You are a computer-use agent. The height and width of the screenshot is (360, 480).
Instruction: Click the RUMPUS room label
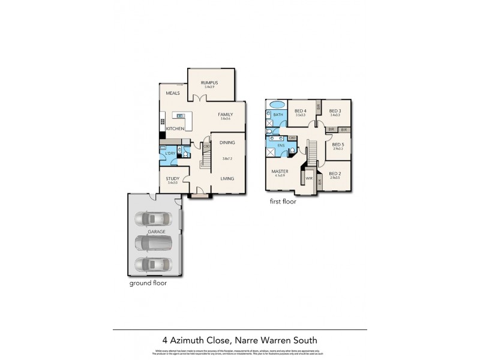coord(209,82)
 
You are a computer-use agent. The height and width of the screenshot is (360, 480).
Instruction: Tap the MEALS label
coord(173,93)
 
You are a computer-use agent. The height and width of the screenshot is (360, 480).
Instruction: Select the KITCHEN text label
coord(175,129)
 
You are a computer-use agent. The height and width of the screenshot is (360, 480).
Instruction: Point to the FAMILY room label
coord(225,114)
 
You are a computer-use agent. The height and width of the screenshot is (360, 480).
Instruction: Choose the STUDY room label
coord(173,178)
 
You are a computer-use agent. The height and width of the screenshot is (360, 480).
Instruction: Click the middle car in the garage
coord(153,242)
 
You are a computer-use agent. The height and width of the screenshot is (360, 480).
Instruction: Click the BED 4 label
coord(301,110)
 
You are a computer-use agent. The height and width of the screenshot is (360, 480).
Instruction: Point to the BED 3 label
coord(335,110)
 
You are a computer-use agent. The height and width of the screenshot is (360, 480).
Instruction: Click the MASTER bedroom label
coord(280,171)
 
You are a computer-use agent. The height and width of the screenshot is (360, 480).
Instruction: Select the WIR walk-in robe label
coord(309,178)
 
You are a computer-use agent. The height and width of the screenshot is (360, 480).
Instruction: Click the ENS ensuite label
coord(281,145)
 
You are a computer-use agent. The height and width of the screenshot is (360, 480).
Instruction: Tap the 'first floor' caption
coord(283,202)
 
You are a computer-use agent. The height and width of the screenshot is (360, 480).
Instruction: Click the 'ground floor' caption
coord(147,283)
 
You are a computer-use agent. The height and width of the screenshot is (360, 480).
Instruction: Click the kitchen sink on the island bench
coord(178,115)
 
